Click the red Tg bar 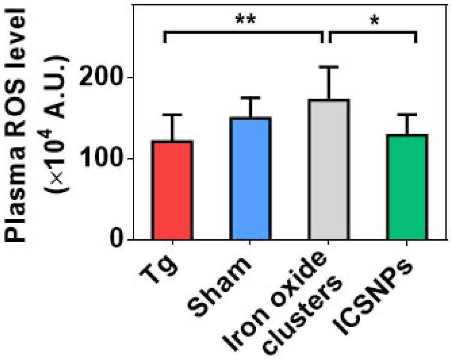172,190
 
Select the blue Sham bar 251,178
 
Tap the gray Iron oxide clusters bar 329,169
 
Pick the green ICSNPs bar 407,187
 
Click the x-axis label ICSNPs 373,297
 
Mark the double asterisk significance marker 245,20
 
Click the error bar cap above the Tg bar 172,115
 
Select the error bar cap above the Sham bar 251,98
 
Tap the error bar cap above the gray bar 329,67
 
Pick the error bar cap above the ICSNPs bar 407,115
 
